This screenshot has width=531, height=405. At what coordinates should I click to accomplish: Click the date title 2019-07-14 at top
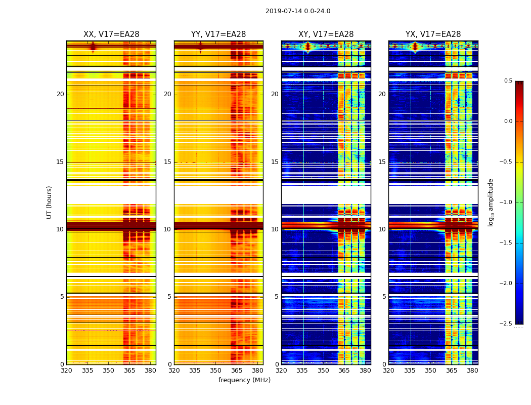298,11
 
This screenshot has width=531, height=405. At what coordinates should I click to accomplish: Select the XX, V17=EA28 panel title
111,34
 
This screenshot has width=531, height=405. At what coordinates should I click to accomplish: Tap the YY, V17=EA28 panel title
218,34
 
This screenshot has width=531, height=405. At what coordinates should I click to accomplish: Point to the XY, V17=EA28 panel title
326,34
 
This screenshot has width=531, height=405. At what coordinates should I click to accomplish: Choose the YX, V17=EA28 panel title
433,34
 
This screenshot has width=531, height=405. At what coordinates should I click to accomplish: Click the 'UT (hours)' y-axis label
50,202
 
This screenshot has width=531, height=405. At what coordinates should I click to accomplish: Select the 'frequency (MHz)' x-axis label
244,380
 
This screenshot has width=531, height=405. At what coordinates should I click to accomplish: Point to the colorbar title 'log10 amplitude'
491,202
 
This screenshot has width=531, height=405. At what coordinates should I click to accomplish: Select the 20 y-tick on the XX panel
60,94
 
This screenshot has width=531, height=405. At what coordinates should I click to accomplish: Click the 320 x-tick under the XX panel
66,371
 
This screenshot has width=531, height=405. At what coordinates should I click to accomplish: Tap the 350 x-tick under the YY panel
215,371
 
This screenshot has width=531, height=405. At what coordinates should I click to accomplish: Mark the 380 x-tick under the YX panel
472,371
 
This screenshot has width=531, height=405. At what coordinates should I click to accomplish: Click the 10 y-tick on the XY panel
275,229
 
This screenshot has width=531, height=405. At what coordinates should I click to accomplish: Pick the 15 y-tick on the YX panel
382,162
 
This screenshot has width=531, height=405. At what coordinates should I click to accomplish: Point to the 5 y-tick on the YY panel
169,297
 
